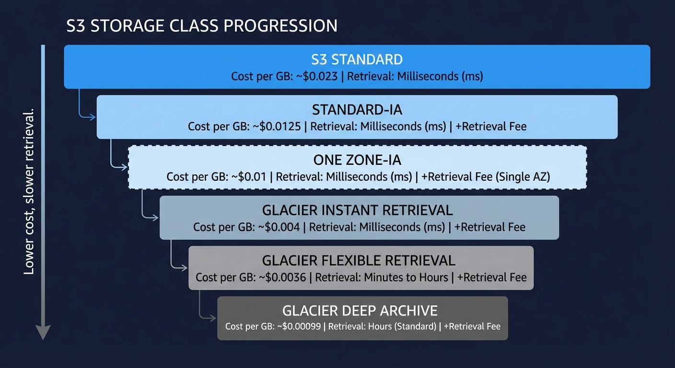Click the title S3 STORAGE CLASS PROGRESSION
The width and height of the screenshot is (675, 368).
[x=202, y=25]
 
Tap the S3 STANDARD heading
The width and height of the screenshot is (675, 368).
[x=357, y=59]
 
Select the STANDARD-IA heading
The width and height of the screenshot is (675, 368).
[x=357, y=110]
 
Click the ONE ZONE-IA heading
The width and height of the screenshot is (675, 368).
[x=357, y=160]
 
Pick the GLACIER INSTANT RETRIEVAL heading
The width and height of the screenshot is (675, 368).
[x=357, y=210]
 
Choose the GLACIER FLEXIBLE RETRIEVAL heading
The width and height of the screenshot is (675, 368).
[x=359, y=261]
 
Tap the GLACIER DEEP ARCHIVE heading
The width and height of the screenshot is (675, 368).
[x=360, y=311]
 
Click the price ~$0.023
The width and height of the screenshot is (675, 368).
[x=317, y=77]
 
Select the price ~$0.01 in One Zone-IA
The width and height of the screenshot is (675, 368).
[x=249, y=177]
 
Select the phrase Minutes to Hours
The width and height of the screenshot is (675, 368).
[x=406, y=277]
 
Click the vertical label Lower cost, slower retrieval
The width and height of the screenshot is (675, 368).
[x=29, y=192]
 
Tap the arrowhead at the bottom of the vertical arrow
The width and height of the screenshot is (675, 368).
[x=43, y=332]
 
